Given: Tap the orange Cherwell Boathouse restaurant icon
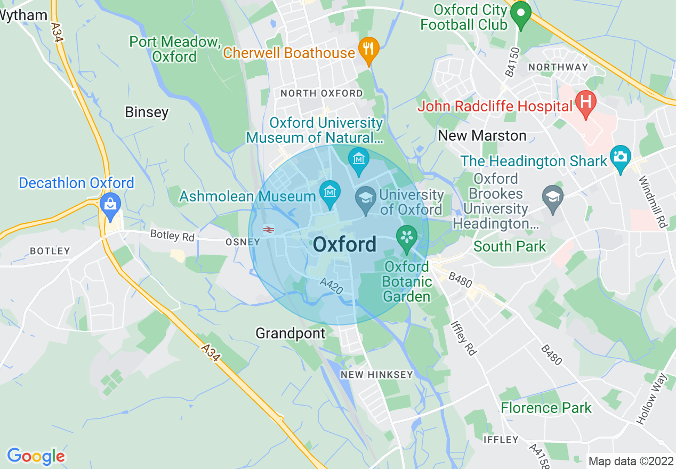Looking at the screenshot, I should point(368,49).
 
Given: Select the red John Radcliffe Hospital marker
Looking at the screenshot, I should point(585,103).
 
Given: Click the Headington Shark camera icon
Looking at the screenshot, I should point(621,157).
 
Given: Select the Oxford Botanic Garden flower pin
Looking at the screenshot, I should point(407,237).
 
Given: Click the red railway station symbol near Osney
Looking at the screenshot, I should point(269,229).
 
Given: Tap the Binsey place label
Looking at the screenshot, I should point(147,112).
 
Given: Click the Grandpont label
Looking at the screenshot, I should point(290,334).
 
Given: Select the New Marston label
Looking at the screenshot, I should point(482,136).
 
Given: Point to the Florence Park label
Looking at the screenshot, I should point(546,408).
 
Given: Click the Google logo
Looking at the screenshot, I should point(36,456).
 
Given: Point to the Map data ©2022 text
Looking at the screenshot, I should point(631,461).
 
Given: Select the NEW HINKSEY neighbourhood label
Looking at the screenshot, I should point(376,375).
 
